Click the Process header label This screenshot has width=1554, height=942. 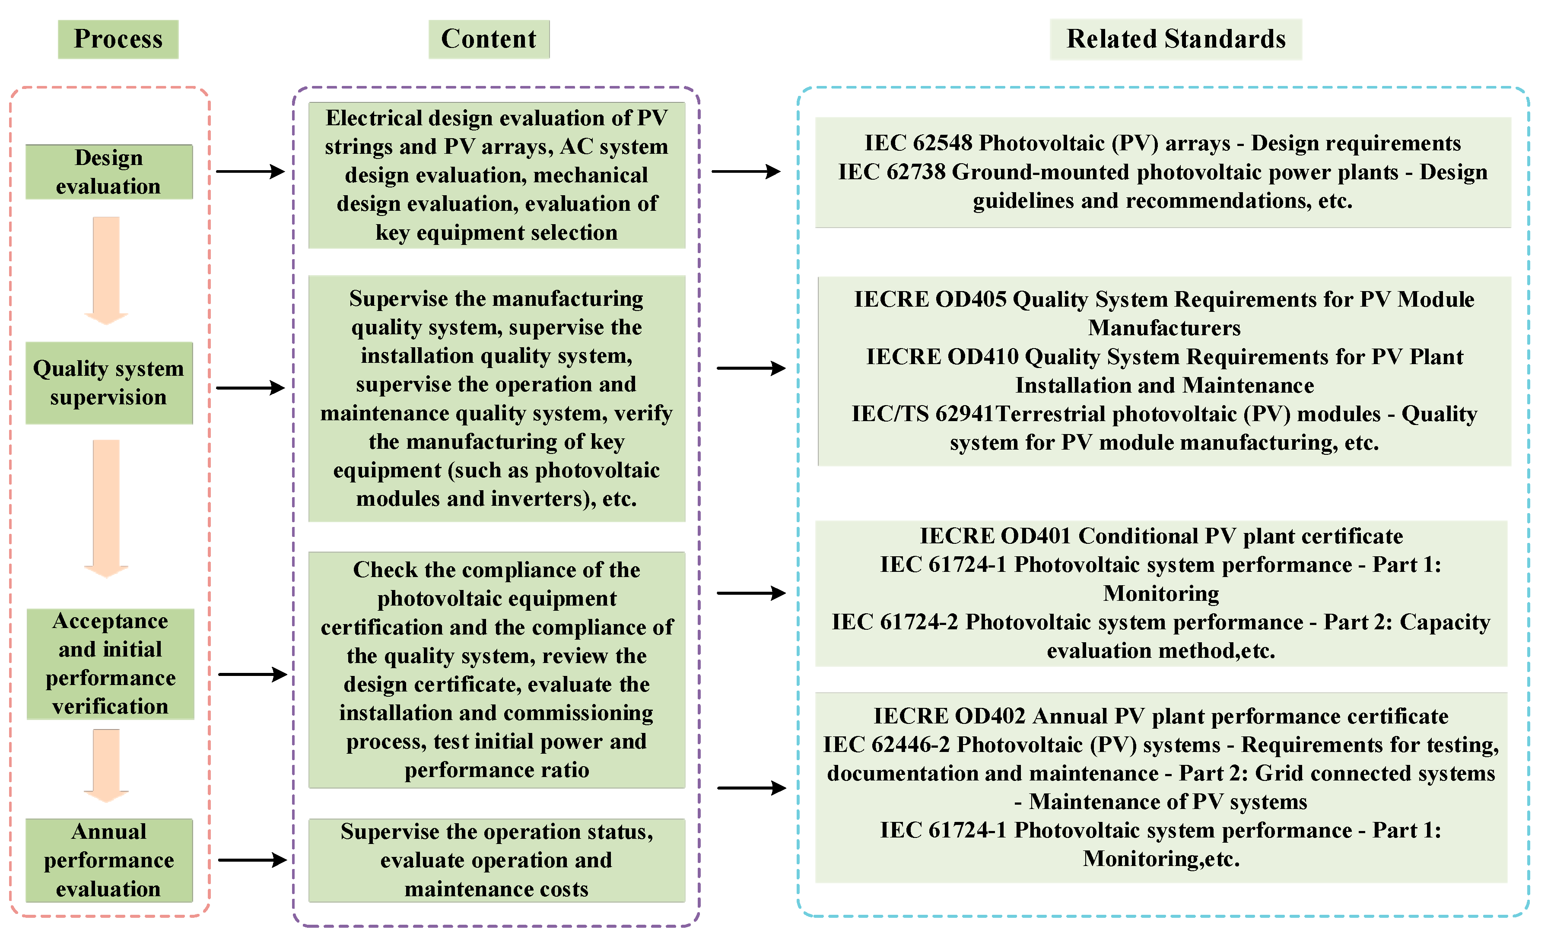118,39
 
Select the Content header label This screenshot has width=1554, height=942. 488,39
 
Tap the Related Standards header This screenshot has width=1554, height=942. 1175,39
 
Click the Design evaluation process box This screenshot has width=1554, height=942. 108,171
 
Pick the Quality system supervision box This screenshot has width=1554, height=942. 108,383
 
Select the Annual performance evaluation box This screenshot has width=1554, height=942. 108,860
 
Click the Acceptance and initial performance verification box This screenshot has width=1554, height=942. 110,663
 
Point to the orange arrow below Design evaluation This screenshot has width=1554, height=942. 106,270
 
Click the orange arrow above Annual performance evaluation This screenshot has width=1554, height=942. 106,765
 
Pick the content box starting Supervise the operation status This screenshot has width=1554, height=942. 496,860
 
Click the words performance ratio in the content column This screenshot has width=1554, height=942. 496,770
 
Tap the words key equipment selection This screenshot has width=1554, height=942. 496,233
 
